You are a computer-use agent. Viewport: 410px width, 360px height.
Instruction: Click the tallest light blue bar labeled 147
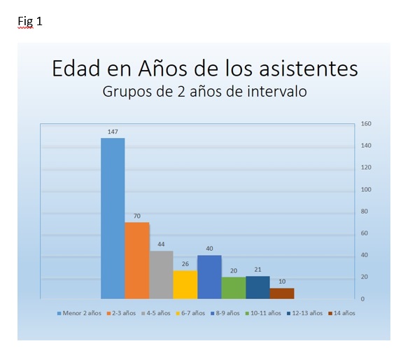(x=113, y=219)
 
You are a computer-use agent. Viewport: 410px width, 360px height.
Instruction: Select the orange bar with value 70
(x=137, y=261)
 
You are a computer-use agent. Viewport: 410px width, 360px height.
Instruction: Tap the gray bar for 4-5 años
(x=161, y=275)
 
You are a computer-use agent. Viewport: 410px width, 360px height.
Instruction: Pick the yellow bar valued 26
(x=185, y=284)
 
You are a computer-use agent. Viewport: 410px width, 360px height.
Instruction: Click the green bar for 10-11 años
(x=234, y=288)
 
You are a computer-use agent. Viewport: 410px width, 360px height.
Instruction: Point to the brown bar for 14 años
(x=282, y=293)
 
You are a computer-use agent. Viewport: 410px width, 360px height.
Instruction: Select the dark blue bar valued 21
(x=257, y=287)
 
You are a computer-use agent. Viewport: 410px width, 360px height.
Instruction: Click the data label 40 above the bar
(x=209, y=249)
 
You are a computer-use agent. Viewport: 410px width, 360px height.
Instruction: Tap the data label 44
(x=161, y=244)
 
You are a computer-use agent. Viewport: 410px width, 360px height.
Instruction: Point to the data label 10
(x=282, y=282)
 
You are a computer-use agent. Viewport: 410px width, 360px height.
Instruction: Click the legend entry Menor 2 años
(x=79, y=313)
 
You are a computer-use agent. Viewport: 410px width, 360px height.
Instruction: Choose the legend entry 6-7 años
(x=190, y=313)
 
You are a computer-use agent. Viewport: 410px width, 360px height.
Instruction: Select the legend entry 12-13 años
(x=304, y=313)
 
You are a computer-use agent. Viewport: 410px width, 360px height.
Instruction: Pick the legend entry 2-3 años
(x=121, y=313)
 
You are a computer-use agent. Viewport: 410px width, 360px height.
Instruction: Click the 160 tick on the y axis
(x=366, y=123)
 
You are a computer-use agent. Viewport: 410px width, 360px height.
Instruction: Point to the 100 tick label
(x=366, y=189)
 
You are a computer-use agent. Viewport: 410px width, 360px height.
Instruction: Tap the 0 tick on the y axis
(x=362, y=299)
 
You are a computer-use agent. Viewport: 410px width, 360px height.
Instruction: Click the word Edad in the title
(x=76, y=69)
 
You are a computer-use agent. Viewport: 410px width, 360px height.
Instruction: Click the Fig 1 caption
(x=30, y=21)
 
